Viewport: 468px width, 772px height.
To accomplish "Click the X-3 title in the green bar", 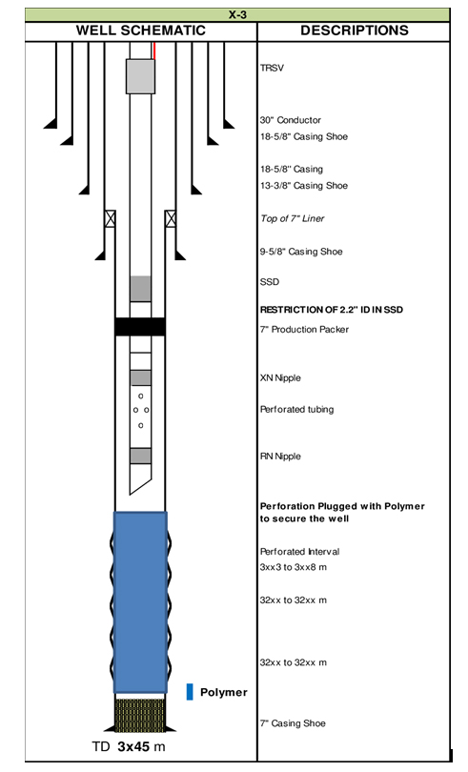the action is pos(237,14).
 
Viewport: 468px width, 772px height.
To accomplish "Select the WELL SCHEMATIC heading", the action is pos(140,30).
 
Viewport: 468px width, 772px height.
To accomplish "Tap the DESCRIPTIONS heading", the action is pos(355,30).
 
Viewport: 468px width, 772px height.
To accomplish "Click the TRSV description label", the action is pos(272,68).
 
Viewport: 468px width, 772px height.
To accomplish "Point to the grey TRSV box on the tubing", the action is pos(140,76).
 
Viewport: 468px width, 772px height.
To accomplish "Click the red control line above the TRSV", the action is pos(154,51).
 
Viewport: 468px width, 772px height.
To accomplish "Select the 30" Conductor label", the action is pos(291,120).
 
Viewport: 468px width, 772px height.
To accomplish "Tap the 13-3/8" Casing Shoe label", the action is pos(304,186).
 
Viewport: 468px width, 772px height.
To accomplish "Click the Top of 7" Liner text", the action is pos(292,218).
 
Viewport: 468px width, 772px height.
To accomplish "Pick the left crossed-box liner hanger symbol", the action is pos(111,218).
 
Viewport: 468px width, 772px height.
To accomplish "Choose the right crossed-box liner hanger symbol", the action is pos(171,218).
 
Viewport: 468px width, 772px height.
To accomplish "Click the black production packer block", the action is pos(140,327).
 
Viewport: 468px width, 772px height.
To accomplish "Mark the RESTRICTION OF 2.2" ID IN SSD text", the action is pos(332,310).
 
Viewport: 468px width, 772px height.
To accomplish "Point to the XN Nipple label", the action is pos(280,378).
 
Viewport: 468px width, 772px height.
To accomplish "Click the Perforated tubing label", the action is pos(297,410).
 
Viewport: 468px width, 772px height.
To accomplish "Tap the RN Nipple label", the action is pos(280,457).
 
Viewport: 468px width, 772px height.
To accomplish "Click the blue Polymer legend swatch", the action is pos(190,692).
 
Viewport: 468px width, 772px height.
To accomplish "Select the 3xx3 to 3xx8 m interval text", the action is pos(294,567).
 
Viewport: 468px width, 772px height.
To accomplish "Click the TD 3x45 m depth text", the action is pos(129,747).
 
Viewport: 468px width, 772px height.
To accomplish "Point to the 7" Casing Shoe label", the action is pos(294,723).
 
